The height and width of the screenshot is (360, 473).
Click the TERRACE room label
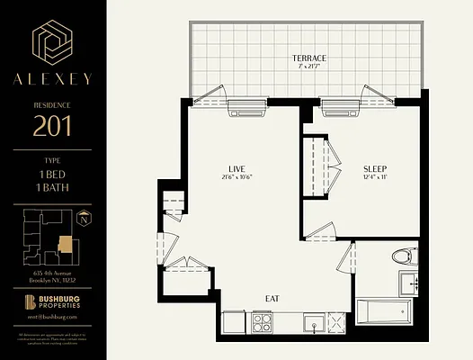pyautogui.click(x=308, y=58)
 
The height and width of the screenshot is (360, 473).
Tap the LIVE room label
pyautogui.click(x=236, y=167)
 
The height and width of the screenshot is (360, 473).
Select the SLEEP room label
pyautogui.click(x=375, y=168)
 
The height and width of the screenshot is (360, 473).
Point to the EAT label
pyautogui.click(x=272, y=297)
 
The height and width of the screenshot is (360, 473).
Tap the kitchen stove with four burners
pyautogui.click(x=263, y=320)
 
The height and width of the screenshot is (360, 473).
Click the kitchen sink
pyautogui.click(x=312, y=321)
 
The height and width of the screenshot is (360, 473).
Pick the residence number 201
pyautogui.click(x=53, y=126)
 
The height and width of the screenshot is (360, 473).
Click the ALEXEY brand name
pyautogui.click(x=52, y=79)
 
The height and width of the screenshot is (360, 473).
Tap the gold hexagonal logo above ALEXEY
pyautogui.click(x=53, y=42)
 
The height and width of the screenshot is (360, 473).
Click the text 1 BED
pyautogui.click(x=53, y=172)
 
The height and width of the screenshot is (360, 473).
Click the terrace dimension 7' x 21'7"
pyautogui.click(x=308, y=67)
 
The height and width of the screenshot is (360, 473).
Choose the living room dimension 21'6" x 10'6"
pyautogui.click(x=236, y=177)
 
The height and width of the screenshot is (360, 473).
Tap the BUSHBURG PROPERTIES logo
pyautogui.click(x=53, y=303)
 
